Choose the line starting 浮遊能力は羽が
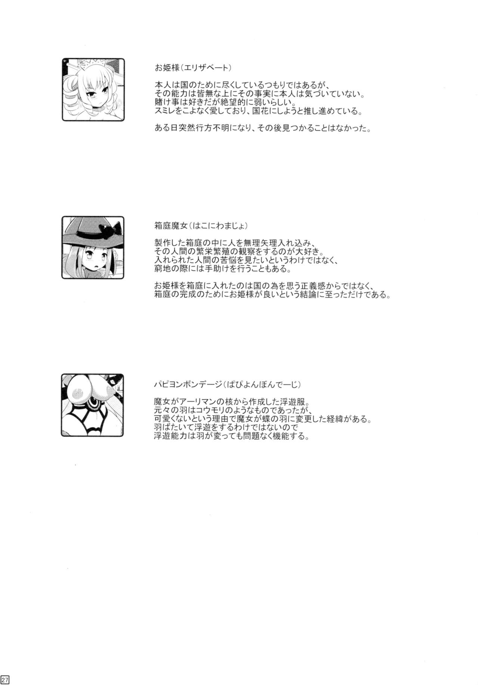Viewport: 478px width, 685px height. point(232,437)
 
